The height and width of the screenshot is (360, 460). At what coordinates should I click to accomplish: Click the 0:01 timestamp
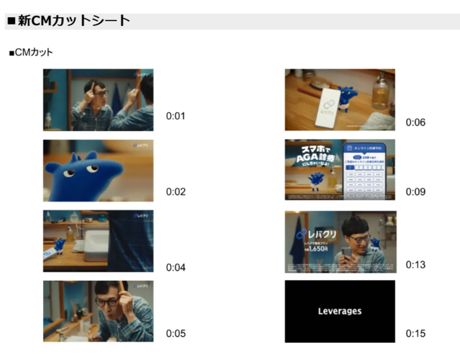coord(176,116)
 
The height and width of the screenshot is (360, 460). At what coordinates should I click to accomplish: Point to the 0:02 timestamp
coord(176,192)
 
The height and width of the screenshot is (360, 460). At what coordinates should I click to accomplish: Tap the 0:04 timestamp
coord(176,267)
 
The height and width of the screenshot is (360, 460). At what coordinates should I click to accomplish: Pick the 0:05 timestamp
coord(176,333)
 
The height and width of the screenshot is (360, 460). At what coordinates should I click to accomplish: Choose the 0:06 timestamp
coord(415,122)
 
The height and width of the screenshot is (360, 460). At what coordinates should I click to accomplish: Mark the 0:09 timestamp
coord(415,192)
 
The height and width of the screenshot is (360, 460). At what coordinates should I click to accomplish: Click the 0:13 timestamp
coord(415,264)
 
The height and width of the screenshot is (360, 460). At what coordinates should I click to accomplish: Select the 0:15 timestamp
coord(415,333)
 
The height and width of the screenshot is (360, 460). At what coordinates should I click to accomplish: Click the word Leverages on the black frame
coord(340,312)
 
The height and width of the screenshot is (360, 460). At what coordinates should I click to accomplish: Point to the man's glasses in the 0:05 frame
coord(108,302)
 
